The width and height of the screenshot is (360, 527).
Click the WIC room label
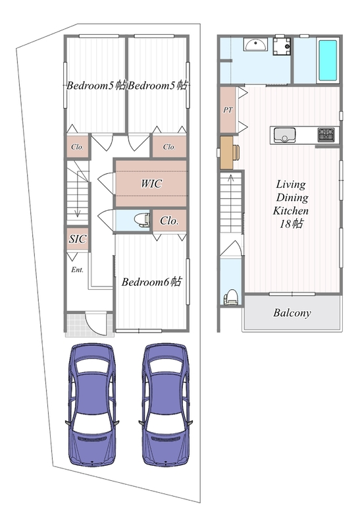[x=151, y=184]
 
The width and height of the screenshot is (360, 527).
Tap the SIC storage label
[x=78, y=239]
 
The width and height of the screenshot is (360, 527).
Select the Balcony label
[x=292, y=313]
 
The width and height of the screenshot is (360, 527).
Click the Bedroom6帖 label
[x=151, y=282]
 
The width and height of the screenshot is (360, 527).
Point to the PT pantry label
[x=228, y=110]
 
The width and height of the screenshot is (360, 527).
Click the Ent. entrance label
[x=77, y=269]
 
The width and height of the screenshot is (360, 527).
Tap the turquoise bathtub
[x=328, y=61]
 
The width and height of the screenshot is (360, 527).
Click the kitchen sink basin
[x=284, y=135]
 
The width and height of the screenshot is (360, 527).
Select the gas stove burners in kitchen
[x=326, y=135]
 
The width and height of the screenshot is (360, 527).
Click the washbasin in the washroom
[x=256, y=44]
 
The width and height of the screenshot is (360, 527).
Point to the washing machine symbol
[x=282, y=46]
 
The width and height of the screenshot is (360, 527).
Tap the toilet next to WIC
[x=141, y=220]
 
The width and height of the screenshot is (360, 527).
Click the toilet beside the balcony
[x=231, y=297]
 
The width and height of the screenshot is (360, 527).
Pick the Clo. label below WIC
[x=169, y=221]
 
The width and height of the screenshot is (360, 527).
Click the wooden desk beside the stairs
[x=226, y=152]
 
